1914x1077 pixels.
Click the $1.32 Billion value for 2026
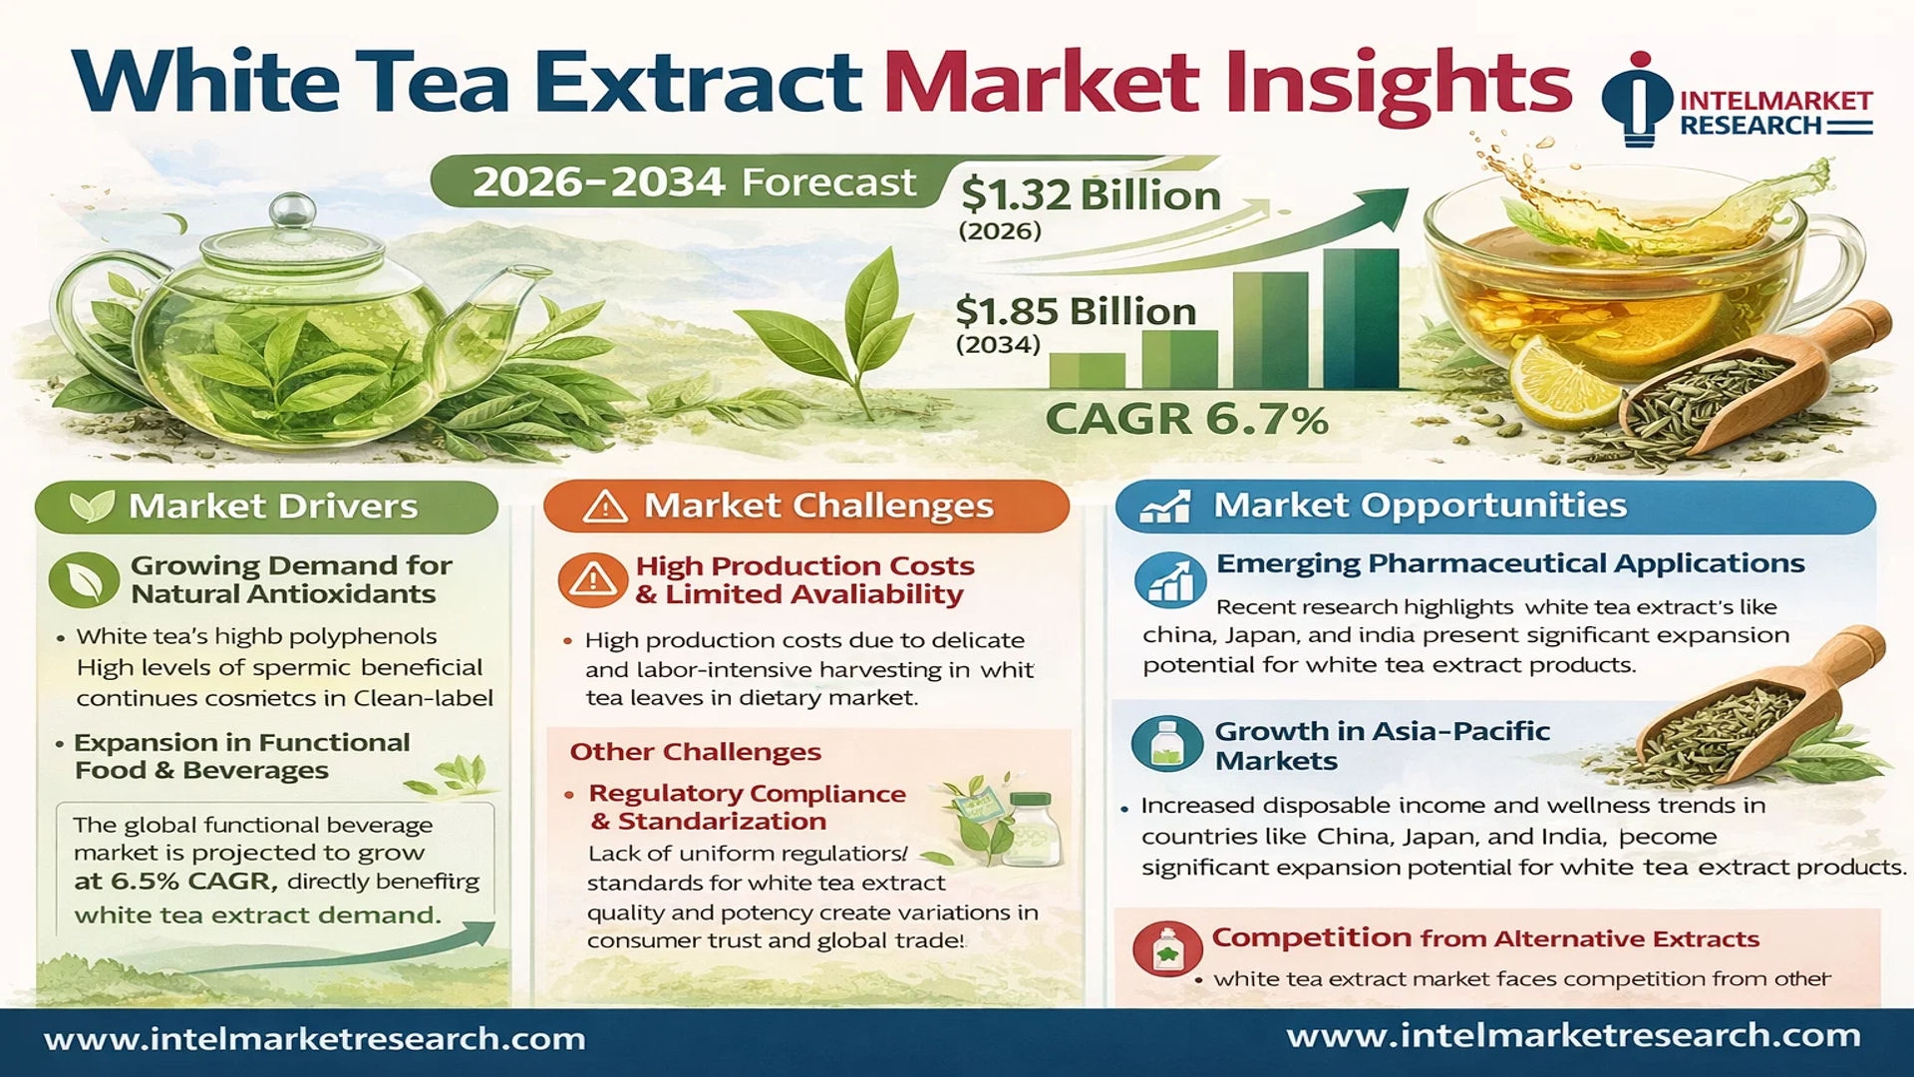pyautogui.click(x=1091, y=194)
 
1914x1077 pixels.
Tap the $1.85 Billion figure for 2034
pyautogui.click(x=1076, y=311)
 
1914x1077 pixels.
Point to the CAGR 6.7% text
pyautogui.click(x=1186, y=419)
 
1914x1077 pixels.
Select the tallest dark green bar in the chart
pyautogui.click(x=1361, y=318)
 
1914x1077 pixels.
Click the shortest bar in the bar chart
pyautogui.click(x=1087, y=370)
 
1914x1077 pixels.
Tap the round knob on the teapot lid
pyautogui.click(x=292, y=209)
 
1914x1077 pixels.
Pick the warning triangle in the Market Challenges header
pyautogui.click(x=605, y=507)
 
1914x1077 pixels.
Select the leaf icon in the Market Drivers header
pyautogui.click(x=92, y=507)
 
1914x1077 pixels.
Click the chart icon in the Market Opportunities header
pyautogui.click(x=1165, y=507)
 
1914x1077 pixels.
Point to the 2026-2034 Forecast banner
pyautogui.click(x=694, y=182)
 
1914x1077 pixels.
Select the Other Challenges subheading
pyautogui.click(x=695, y=752)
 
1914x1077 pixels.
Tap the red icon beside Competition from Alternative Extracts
pyautogui.click(x=1166, y=949)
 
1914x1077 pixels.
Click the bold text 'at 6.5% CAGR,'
pyautogui.click(x=176, y=882)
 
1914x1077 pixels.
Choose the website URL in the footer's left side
pyautogui.click(x=315, y=1039)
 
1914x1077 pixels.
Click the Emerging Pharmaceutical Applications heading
pyautogui.click(x=1510, y=564)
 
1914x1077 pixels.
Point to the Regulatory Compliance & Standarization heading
pyautogui.click(x=748, y=807)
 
